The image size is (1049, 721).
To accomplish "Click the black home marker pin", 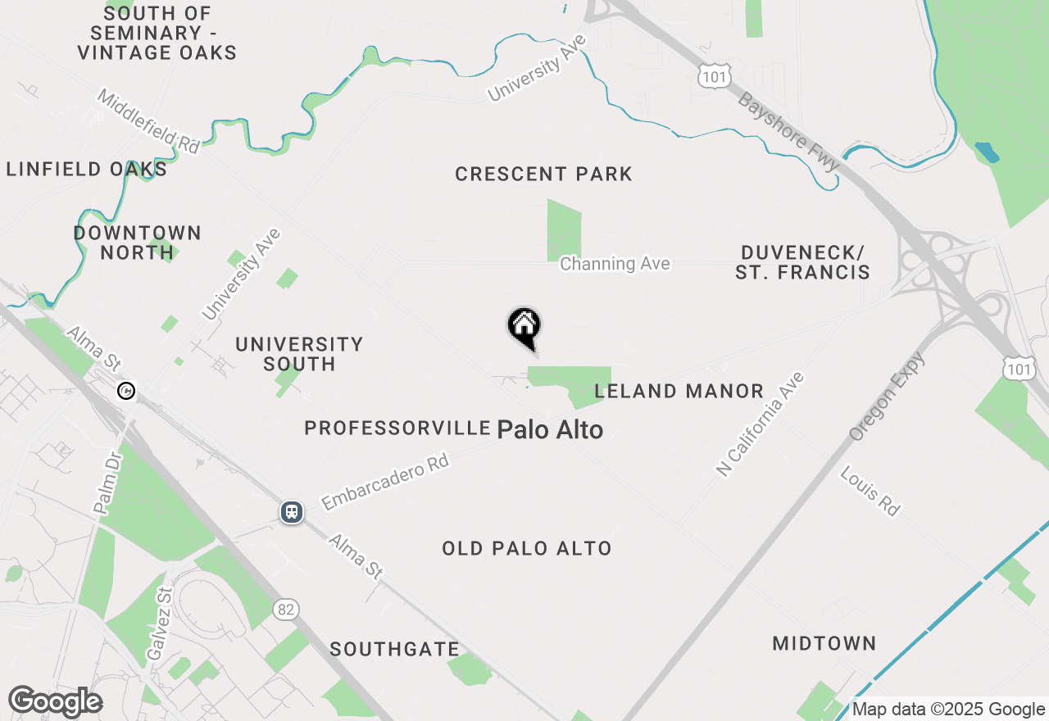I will [524, 328].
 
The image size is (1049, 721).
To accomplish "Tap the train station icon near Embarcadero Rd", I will [291, 512].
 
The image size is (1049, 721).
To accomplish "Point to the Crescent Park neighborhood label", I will [543, 174].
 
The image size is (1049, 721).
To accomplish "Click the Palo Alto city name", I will [550, 429].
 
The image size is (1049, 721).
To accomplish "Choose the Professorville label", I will [397, 428].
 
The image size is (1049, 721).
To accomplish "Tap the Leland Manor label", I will [679, 392].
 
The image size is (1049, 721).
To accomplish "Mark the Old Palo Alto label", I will [526, 548].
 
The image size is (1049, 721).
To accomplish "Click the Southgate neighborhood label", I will [394, 650].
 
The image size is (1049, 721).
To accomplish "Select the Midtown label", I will [824, 644].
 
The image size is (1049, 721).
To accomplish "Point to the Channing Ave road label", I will [615, 264].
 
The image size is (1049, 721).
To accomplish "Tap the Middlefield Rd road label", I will [148, 121].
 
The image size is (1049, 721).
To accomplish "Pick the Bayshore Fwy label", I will [788, 132].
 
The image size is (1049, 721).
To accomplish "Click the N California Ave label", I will [761, 424].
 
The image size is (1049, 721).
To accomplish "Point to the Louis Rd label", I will [870, 491].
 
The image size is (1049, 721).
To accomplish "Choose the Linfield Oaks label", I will [86, 170].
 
